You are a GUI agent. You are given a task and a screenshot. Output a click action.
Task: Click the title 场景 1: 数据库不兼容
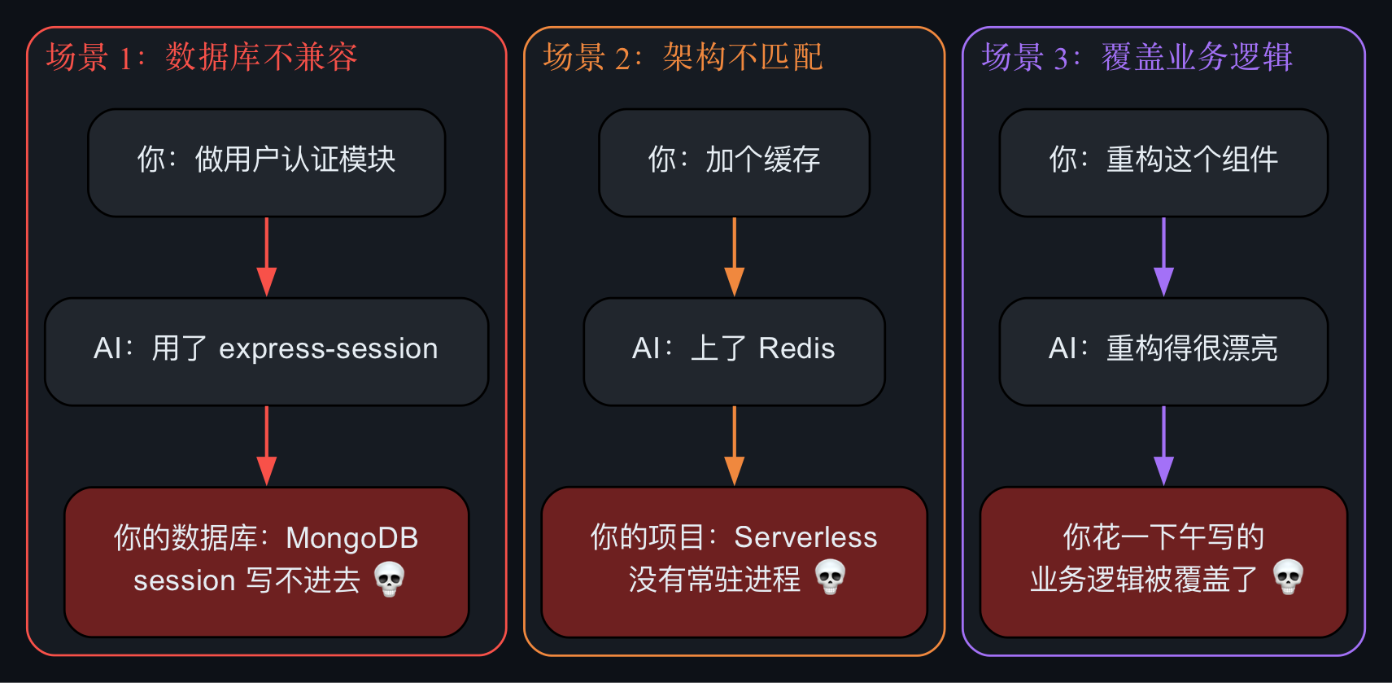point(201,57)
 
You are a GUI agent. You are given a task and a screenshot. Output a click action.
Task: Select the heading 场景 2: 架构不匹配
point(683,57)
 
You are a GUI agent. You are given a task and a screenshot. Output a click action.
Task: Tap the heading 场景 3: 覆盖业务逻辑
point(1137,57)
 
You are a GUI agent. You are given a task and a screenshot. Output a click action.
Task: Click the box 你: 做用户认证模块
point(267,163)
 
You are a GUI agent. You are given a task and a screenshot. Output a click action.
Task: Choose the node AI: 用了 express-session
point(267,352)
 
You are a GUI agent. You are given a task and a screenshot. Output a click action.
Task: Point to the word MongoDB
point(351,539)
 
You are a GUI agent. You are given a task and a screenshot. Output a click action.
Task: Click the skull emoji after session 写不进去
point(390,579)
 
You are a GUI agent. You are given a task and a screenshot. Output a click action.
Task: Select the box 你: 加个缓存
point(734,163)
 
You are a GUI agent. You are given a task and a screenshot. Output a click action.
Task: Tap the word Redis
point(796,348)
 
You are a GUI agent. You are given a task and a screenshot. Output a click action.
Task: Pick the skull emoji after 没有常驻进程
point(830,576)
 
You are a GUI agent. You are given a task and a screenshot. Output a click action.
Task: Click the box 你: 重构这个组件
point(1163,163)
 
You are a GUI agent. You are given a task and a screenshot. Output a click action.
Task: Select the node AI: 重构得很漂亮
point(1163,352)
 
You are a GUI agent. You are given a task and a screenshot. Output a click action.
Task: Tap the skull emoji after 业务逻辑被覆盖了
point(1288,576)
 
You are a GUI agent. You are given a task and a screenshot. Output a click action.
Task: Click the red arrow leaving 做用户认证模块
point(267,257)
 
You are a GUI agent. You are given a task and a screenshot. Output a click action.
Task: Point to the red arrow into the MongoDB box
point(267,446)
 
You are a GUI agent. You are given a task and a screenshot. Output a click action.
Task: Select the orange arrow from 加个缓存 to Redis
point(734,257)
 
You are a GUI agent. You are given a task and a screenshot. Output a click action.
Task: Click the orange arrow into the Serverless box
point(734,446)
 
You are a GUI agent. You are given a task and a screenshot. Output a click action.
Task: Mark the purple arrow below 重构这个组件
point(1163,257)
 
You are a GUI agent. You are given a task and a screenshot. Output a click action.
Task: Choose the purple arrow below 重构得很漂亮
point(1163,446)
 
